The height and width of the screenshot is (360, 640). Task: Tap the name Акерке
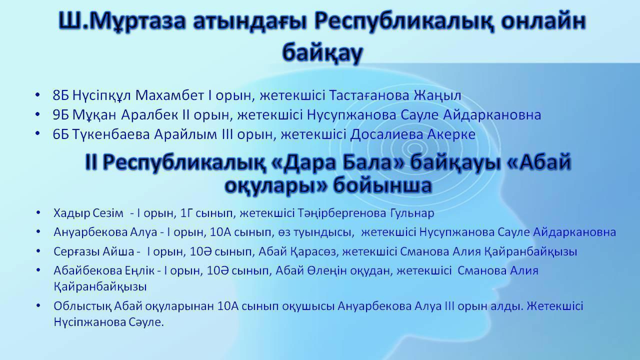click(x=452, y=135)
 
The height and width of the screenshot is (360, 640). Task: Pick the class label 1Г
click(x=187, y=213)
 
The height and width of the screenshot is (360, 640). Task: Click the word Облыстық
click(x=81, y=305)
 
